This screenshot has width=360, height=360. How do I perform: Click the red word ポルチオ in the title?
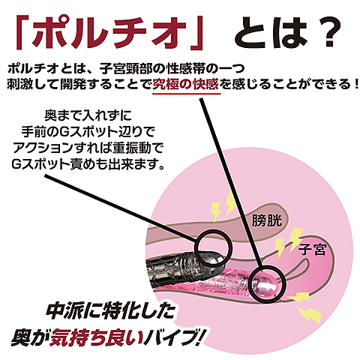pos(109,33)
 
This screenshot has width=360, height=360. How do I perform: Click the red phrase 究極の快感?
pos(186,85)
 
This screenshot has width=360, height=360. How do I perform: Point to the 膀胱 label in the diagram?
pos(266,220)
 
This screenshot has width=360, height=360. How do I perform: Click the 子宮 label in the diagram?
pos(313,250)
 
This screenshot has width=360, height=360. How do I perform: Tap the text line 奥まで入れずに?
pos(88,115)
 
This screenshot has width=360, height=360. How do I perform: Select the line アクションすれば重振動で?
pos(88,148)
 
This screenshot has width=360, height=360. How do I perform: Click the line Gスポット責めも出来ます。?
pos(88,164)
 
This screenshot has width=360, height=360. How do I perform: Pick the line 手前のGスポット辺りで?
pos(88,132)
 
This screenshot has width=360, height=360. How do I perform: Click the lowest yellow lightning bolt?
pos(309,314)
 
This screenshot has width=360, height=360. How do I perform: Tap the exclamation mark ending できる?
pos(356,85)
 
